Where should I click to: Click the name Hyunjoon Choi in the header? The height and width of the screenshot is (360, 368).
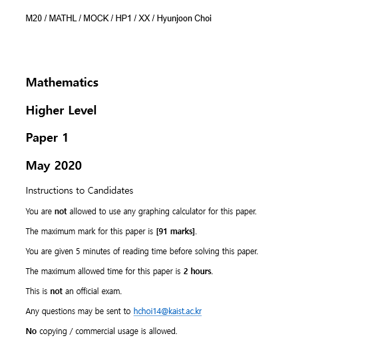184,19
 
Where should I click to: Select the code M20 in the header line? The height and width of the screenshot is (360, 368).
33,19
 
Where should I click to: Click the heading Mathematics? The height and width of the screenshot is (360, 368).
62,83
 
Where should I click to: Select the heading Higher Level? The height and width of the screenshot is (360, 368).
61,110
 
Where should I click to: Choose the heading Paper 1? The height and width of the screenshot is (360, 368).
47,138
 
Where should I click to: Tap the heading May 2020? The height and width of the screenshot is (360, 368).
54,166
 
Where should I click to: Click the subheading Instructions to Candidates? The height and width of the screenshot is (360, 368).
79,191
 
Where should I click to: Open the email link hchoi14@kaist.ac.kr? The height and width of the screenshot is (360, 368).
167,311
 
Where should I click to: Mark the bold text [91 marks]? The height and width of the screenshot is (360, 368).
176,232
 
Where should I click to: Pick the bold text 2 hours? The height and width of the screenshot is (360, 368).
197,271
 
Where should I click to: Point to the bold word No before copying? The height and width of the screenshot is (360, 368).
31,331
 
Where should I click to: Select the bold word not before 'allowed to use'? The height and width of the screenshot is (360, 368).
61,212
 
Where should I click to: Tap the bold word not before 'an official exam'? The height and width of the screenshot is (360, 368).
56,291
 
